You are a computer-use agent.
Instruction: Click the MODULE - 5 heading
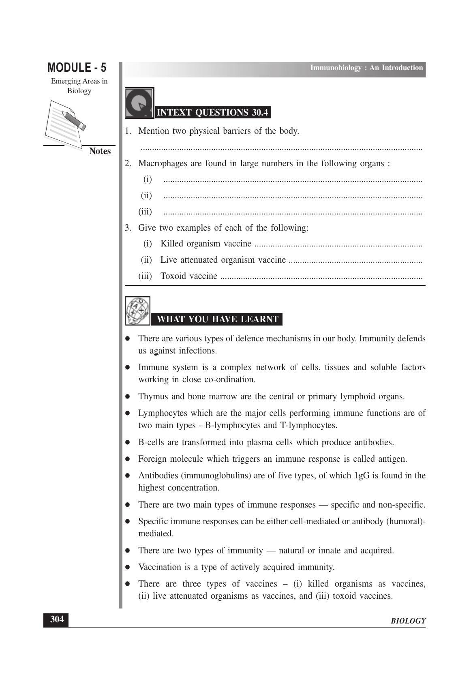[77, 67]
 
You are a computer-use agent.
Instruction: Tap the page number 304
[56, 619]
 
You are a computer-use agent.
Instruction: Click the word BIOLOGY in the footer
[408, 621]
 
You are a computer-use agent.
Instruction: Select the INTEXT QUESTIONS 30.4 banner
[212, 113]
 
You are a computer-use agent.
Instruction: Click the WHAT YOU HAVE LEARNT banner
[217, 319]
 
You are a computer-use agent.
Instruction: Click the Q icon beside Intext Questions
[139, 103]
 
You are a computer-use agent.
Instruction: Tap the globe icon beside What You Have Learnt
[137, 311]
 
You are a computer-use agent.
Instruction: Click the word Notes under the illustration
[100, 151]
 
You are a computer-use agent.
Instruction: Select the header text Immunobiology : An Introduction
[366, 68]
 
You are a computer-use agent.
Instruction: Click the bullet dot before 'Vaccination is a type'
[127, 567]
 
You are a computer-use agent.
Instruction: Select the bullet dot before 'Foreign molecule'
[127, 459]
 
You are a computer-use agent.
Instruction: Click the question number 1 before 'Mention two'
[128, 131]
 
